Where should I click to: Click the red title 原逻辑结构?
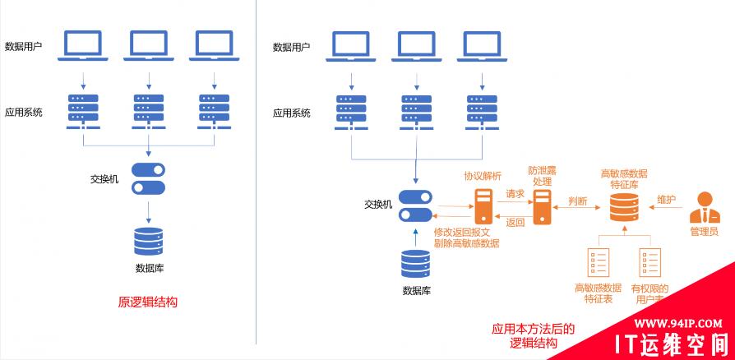[147, 302]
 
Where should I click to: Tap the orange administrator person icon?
[703, 207]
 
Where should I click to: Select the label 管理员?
[703, 232]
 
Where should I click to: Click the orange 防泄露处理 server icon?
[541, 206]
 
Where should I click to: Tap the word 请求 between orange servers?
[515, 194]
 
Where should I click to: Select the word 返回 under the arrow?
[515, 221]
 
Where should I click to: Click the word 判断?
[577, 201]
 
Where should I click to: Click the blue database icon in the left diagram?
[148, 242]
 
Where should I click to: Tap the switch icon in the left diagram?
[148, 178]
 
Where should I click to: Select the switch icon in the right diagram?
[415, 205]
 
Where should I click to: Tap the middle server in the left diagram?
[149, 109]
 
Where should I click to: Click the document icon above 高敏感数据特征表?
[598, 262]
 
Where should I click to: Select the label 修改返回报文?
[466, 233]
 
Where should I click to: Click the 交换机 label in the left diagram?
[104, 178]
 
